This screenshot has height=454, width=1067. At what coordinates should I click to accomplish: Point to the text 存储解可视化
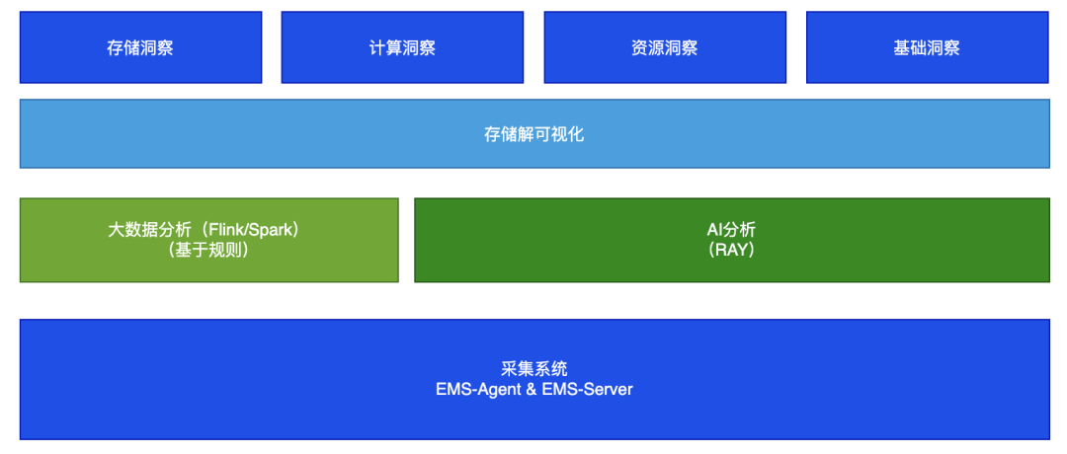tap(533, 134)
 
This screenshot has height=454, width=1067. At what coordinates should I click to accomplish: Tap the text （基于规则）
tap(208, 251)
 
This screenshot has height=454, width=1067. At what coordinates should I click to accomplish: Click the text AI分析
tap(731, 230)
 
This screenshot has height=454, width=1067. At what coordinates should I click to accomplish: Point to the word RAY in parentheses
tap(731, 251)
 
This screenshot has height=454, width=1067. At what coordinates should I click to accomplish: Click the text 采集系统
tap(533, 369)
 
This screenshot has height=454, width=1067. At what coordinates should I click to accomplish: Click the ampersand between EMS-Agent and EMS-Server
tap(532, 389)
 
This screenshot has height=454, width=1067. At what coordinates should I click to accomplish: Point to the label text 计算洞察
tap(402, 47)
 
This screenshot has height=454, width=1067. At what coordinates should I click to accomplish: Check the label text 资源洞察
tap(664, 47)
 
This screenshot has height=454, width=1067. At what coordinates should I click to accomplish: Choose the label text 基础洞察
tap(927, 47)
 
